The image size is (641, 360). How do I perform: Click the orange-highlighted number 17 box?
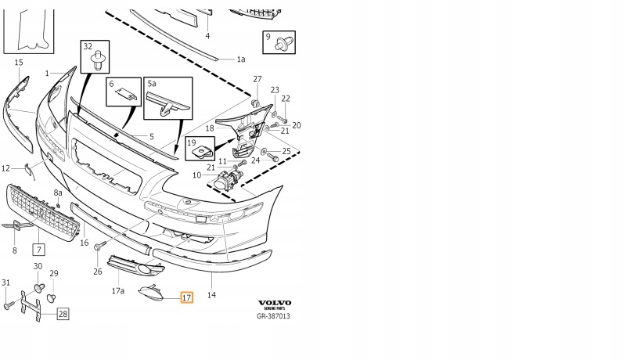click(x=186, y=297)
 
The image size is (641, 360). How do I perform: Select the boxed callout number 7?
click(x=37, y=250)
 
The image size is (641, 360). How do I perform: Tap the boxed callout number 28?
click(x=63, y=314)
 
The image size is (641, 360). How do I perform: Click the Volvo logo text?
click(x=274, y=303)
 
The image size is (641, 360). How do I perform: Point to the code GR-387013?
click(x=274, y=317)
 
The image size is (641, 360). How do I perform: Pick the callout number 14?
click(x=211, y=295)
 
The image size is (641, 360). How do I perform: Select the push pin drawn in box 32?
click(x=99, y=59)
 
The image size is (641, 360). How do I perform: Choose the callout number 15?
click(x=18, y=62)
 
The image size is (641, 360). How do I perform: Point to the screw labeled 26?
click(x=99, y=248)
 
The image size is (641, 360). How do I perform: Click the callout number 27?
click(x=257, y=80)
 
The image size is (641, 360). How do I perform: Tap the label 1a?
click(x=241, y=59)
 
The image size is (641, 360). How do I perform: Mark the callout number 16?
click(x=85, y=243)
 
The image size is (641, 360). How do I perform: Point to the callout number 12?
click(x=5, y=167)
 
